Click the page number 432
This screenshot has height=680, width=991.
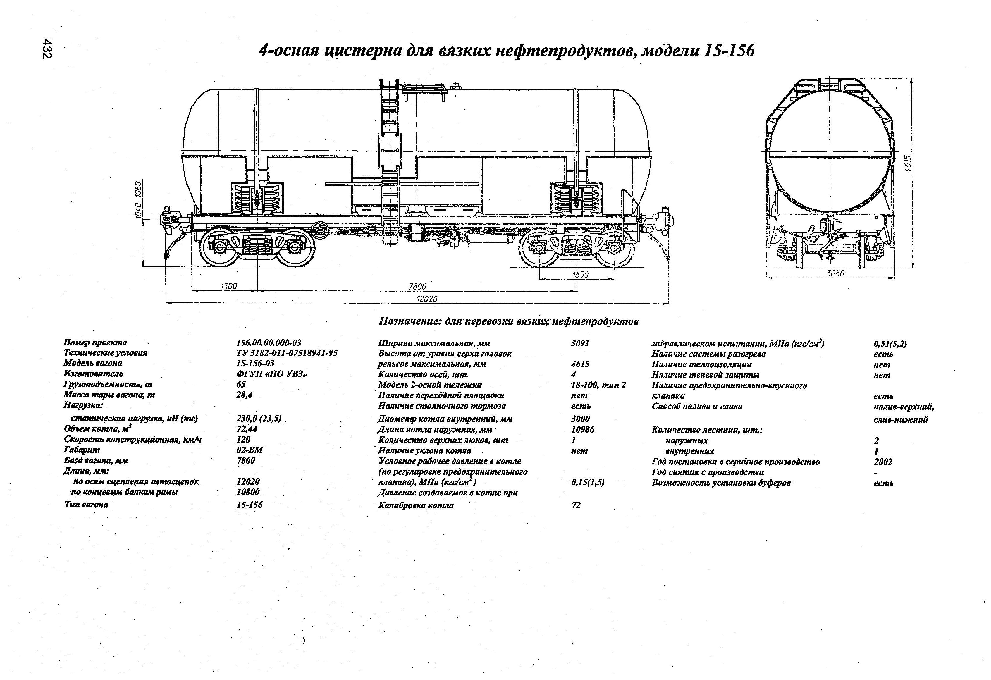[x=47, y=49]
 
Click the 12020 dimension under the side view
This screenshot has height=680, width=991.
[x=427, y=299]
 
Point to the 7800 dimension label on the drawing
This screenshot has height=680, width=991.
[x=417, y=287]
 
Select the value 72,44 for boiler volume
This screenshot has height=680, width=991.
[x=247, y=429]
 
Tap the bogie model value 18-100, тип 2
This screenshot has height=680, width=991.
[x=598, y=385]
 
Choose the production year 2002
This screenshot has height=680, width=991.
[x=883, y=462]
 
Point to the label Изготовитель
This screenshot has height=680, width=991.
[x=93, y=374]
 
